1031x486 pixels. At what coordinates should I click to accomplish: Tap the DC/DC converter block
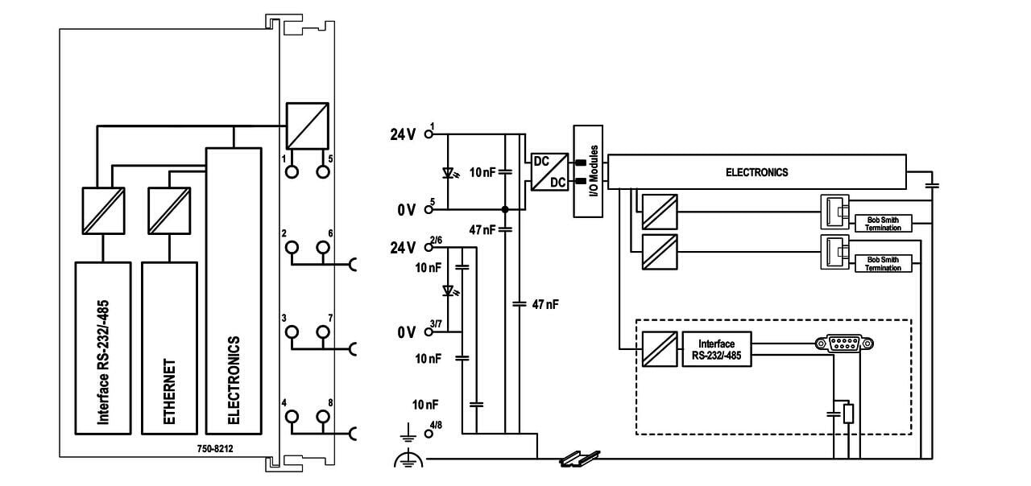click(547, 171)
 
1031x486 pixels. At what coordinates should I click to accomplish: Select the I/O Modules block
click(591, 171)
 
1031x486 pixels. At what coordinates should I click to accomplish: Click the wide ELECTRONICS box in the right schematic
click(756, 172)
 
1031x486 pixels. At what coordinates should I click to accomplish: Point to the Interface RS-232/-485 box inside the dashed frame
click(717, 349)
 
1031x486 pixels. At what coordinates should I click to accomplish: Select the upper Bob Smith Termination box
click(884, 223)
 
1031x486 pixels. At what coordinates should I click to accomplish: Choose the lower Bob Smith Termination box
click(884, 263)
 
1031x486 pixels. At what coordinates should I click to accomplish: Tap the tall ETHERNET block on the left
click(169, 347)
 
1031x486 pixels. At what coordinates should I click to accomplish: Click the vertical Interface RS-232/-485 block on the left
click(102, 347)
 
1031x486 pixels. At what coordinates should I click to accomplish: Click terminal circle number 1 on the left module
click(292, 171)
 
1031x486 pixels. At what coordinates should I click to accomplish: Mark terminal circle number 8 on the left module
click(324, 417)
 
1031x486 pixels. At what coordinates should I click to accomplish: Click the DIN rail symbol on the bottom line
click(581, 459)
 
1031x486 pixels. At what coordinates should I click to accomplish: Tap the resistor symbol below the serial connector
click(848, 414)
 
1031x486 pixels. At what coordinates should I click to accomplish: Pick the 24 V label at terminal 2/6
click(403, 247)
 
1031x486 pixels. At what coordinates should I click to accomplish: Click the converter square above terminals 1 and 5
click(308, 125)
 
